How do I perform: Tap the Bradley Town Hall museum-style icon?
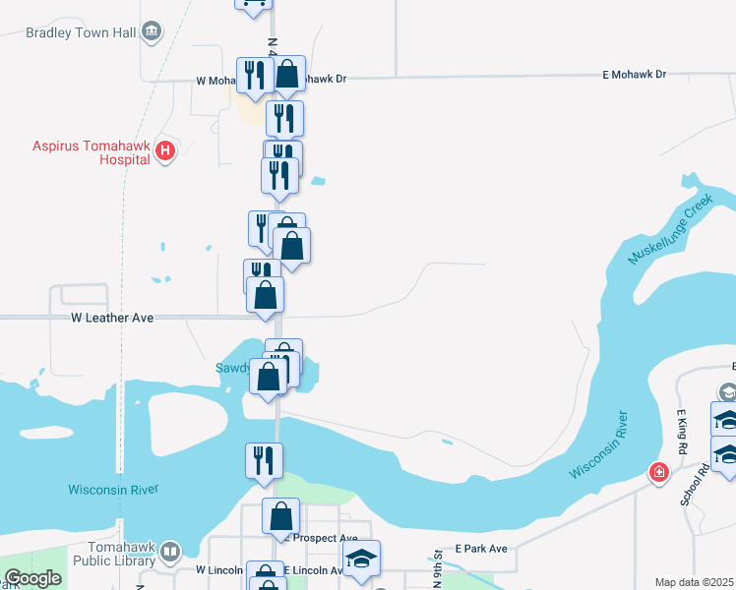point(152,31)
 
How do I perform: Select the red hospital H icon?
point(165,150)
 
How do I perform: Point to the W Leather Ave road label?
point(113,318)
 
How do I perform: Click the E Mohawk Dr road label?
point(634,75)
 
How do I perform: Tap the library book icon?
point(170,553)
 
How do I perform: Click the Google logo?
point(33,579)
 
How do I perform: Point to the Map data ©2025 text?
point(693,582)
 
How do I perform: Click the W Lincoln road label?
point(218,570)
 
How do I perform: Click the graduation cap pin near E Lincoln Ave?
point(361,559)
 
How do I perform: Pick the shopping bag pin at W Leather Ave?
point(265,294)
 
